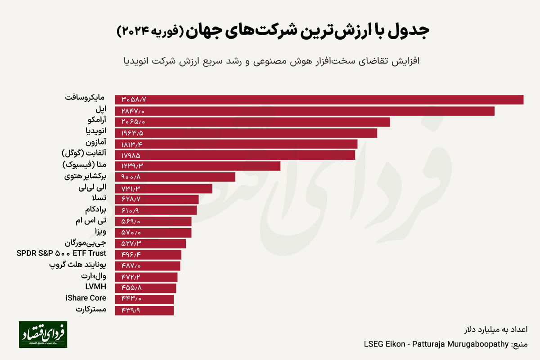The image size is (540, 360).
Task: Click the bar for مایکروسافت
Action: [319, 99]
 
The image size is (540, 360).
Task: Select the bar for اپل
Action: [305, 111]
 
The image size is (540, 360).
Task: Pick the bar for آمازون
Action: [236, 144]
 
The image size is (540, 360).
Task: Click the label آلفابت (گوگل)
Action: [85, 153]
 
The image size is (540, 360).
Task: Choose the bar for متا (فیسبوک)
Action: [198, 166]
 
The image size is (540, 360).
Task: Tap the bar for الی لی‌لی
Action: [163, 189]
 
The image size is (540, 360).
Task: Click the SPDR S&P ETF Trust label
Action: [61, 253]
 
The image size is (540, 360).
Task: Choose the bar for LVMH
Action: [145, 288]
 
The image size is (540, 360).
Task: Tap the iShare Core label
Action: [86, 298]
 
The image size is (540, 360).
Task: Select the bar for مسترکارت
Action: [144, 310]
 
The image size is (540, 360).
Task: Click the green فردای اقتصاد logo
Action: [43, 334]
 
